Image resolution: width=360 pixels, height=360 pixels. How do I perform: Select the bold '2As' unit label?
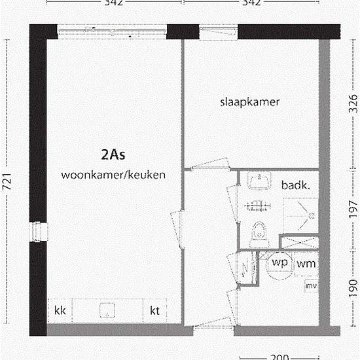113,155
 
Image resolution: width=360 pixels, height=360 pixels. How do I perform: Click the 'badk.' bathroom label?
295,185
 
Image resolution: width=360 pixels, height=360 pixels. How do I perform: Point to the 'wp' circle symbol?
280,263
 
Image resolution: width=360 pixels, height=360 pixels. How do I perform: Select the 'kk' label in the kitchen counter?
60,310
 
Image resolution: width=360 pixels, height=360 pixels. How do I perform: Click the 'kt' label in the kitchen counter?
155,310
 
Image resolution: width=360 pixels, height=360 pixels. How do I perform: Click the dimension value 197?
353,210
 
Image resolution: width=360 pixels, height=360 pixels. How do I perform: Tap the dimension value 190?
353,285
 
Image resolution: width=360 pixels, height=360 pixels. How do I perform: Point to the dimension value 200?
280,357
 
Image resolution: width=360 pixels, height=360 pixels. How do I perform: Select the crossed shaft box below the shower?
300,242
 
